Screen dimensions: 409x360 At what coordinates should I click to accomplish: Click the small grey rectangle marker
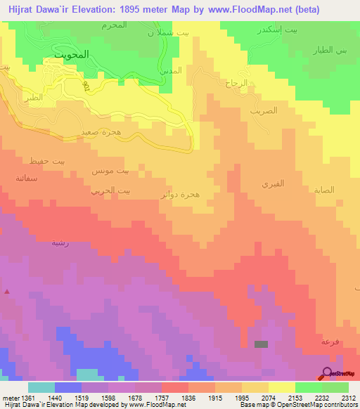tap(261, 344)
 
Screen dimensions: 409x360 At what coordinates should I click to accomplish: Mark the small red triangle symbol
tap(7, 291)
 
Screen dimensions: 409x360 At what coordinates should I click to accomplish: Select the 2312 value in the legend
tap(349, 397)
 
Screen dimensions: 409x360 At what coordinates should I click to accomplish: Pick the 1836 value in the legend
tap(189, 397)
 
